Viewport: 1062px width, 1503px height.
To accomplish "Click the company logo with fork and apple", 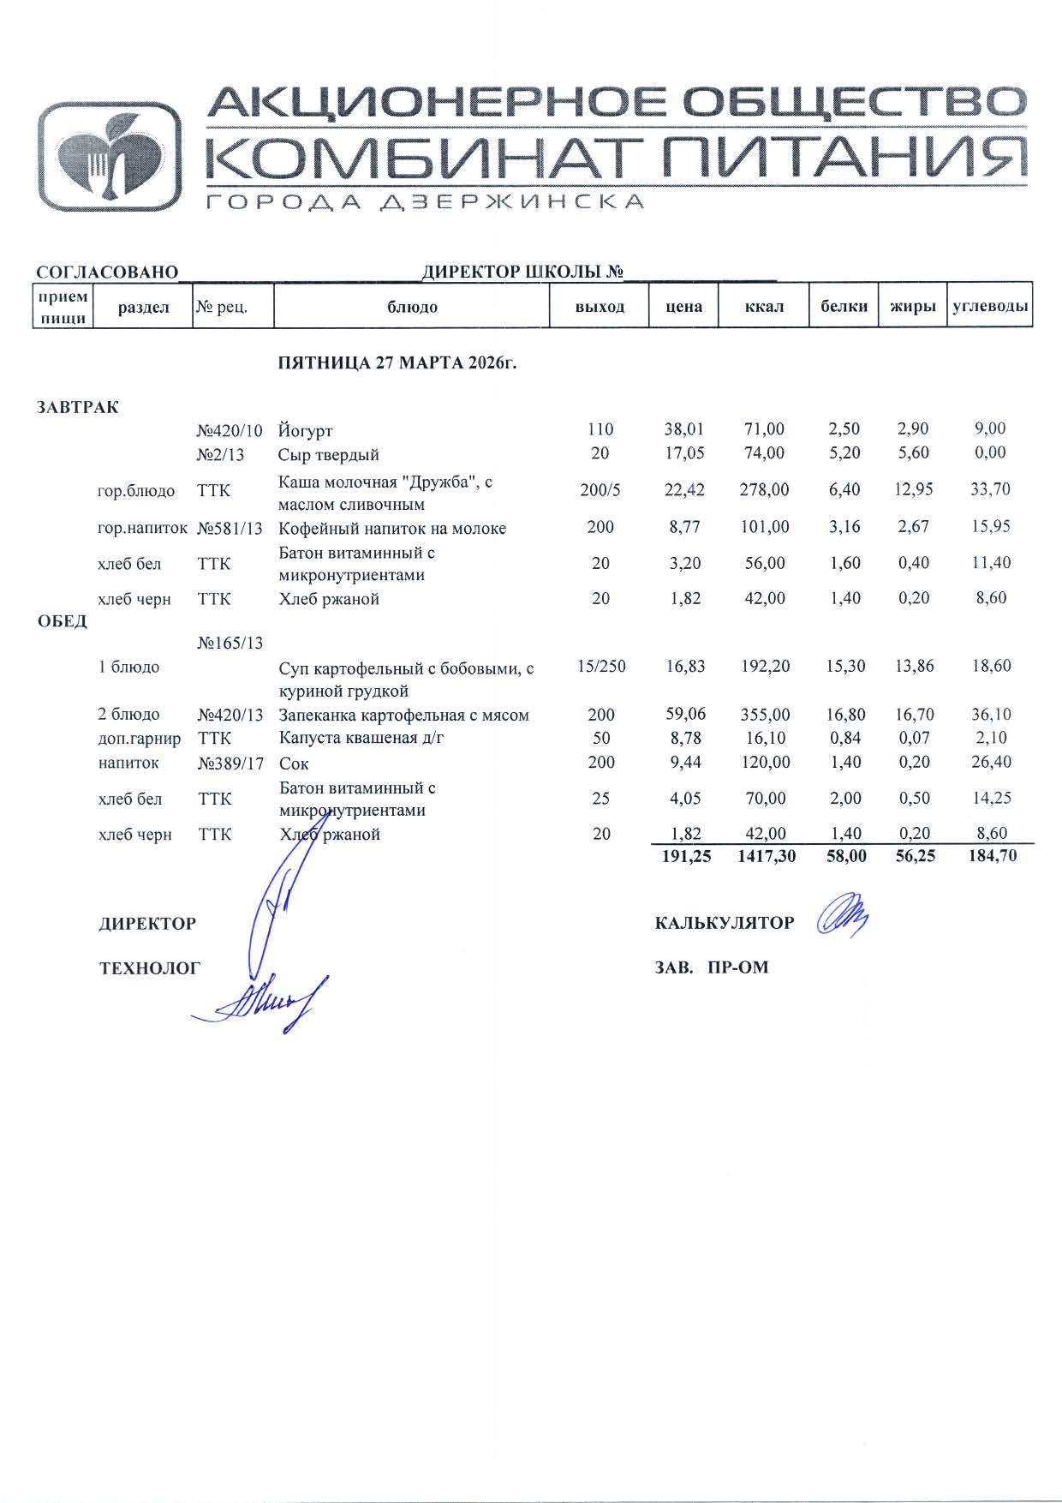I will click(110, 156).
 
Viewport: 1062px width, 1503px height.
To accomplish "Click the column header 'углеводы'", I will click(990, 306).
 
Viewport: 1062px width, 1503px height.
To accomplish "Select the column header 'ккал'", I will click(765, 306).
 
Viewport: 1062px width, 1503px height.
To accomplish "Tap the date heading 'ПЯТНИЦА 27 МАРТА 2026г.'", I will click(398, 362).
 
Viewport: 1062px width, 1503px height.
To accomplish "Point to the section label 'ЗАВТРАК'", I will click(77, 407).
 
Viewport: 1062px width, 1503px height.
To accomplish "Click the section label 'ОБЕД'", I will click(62, 621).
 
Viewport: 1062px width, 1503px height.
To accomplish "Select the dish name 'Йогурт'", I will click(306, 430).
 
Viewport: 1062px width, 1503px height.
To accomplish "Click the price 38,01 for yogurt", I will click(684, 429).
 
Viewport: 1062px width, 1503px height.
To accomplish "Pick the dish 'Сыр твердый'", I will click(329, 454).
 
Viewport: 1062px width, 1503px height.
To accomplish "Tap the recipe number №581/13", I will click(230, 528).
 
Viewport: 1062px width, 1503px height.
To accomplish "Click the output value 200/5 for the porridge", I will click(600, 490).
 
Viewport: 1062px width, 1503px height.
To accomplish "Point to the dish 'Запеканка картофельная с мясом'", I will click(404, 715).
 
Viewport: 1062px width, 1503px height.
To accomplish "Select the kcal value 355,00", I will click(765, 714).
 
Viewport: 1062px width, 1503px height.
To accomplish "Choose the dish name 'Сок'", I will click(294, 763).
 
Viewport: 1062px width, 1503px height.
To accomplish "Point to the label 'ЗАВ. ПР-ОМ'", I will click(712, 967).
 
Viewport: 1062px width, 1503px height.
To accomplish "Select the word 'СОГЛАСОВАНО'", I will click(107, 272).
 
